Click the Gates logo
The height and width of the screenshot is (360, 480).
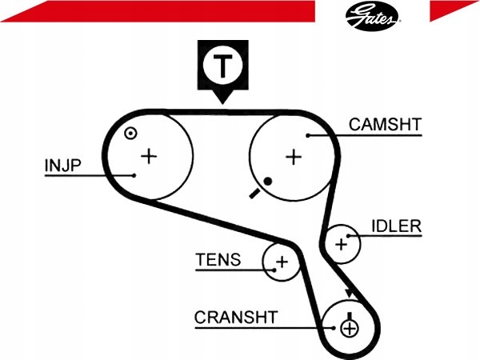pyautogui.click(x=373, y=16)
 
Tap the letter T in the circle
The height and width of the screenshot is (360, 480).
pyautogui.click(x=222, y=66)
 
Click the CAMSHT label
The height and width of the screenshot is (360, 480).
pyautogui.click(x=385, y=125)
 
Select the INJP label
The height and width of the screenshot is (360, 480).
pyautogui.click(x=62, y=166)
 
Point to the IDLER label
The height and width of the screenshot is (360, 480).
pyautogui.click(x=397, y=226)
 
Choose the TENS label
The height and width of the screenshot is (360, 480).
pyautogui.click(x=218, y=259)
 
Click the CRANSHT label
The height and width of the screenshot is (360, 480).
pyautogui.click(x=236, y=317)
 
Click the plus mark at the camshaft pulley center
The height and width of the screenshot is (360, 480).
pyautogui.click(x=294, y=157)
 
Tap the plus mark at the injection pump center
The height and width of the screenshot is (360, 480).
pyautogui.click(x=149, y=156)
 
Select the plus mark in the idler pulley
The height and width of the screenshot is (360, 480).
pyautogui.click(x=341, y=244)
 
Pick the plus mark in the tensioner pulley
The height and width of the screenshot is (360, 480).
pyautogui.click(x=282, y=262)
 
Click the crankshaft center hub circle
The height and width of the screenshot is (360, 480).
pyautogui.click(x=349, y=329)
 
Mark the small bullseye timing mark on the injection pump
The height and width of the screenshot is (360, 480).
pyautogui.click(x=130, y=133)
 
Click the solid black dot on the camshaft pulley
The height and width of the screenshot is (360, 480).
pyautogui.click(x=268, y=182)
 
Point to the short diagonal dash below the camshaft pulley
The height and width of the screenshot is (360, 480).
pyautogui.click(x=254, y=194)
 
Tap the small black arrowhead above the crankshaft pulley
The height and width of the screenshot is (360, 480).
pyautogui.click(x=350, y=294)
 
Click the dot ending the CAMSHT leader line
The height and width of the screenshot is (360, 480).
pyautogui.click(x=308, y=135)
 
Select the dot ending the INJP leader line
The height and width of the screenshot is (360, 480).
pyautogui.click(x=134, y=175)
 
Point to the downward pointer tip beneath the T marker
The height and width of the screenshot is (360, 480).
pyautogui.click(x=222, y=103)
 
